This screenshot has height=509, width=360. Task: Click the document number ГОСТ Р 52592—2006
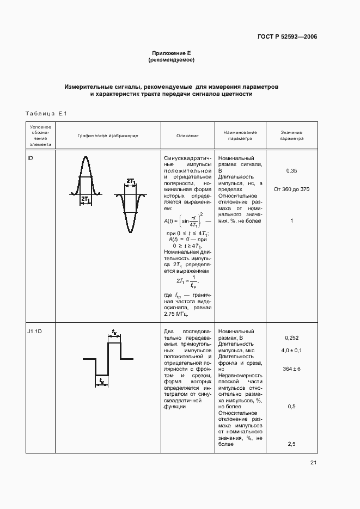[x=287, y=37]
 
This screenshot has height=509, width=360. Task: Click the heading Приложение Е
[x=172, y=53]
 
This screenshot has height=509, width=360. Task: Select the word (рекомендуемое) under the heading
[x=172, y=60]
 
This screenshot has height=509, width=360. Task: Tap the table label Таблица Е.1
[x=45, y=113]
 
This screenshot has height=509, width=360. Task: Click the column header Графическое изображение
[x=107, y=135]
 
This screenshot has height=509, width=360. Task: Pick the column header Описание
[x=187, y=135]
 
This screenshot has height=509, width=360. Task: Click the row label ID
[x=30, y=157]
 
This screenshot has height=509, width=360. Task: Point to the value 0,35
[x=291, y=171]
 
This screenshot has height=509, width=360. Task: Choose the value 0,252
[x=291, y=338]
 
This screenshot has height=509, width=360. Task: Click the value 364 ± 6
[x=291, y=369]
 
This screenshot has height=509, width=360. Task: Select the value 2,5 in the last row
[x=291, y=444]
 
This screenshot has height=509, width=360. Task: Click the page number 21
[x=313, y=463]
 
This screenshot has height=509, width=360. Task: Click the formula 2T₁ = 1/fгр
[x=187, y=281]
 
